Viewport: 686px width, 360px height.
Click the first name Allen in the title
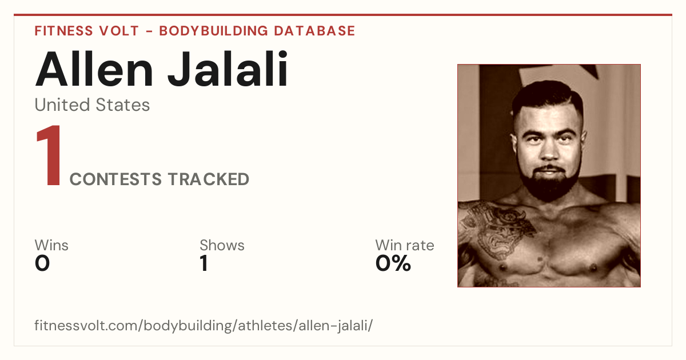point(94,69)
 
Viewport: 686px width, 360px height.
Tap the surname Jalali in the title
point(228,69)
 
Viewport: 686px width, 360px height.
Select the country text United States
point(92,105)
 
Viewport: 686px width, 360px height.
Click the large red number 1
point(49,155)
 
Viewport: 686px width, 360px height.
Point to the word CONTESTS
point(115,179)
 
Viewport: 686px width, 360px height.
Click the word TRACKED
point(209,179)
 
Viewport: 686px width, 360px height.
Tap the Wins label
point(51,245)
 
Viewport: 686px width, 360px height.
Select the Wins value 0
point(42,263)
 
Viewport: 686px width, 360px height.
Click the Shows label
point(222,245)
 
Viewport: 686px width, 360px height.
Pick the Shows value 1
point(204,263)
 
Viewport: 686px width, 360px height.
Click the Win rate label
point(405,245)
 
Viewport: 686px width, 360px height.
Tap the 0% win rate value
point(393,263)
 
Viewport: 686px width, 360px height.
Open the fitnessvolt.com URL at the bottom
point(204,325)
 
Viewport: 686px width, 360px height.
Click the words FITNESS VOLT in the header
point(87,31)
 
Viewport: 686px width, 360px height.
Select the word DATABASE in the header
point(314,31)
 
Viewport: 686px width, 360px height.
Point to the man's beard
point(548,183)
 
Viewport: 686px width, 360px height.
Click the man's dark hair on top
point(548,95)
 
